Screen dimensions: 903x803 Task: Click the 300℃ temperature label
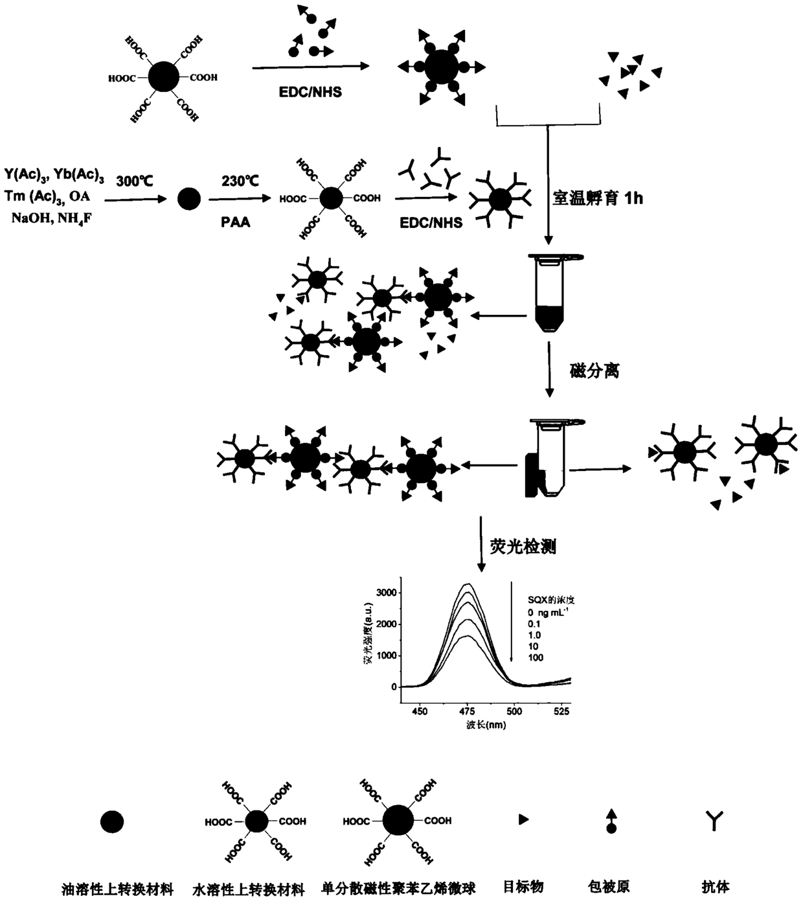point(135,181)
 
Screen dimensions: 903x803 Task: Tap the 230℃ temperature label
point(240,181)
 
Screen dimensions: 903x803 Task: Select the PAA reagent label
point(236,222)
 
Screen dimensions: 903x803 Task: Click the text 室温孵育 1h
point(597,198)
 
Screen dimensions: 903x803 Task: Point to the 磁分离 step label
point(594,371)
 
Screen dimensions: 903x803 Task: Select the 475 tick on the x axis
point(468,711)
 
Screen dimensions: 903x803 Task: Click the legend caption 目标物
point(523,886)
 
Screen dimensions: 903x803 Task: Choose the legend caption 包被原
point(610,886)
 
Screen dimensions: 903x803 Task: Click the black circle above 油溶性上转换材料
point(112,821)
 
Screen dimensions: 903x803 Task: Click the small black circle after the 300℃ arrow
point(188,198)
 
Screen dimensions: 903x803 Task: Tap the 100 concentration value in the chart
point(536,657)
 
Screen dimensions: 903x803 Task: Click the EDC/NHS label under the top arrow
point(310,92)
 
